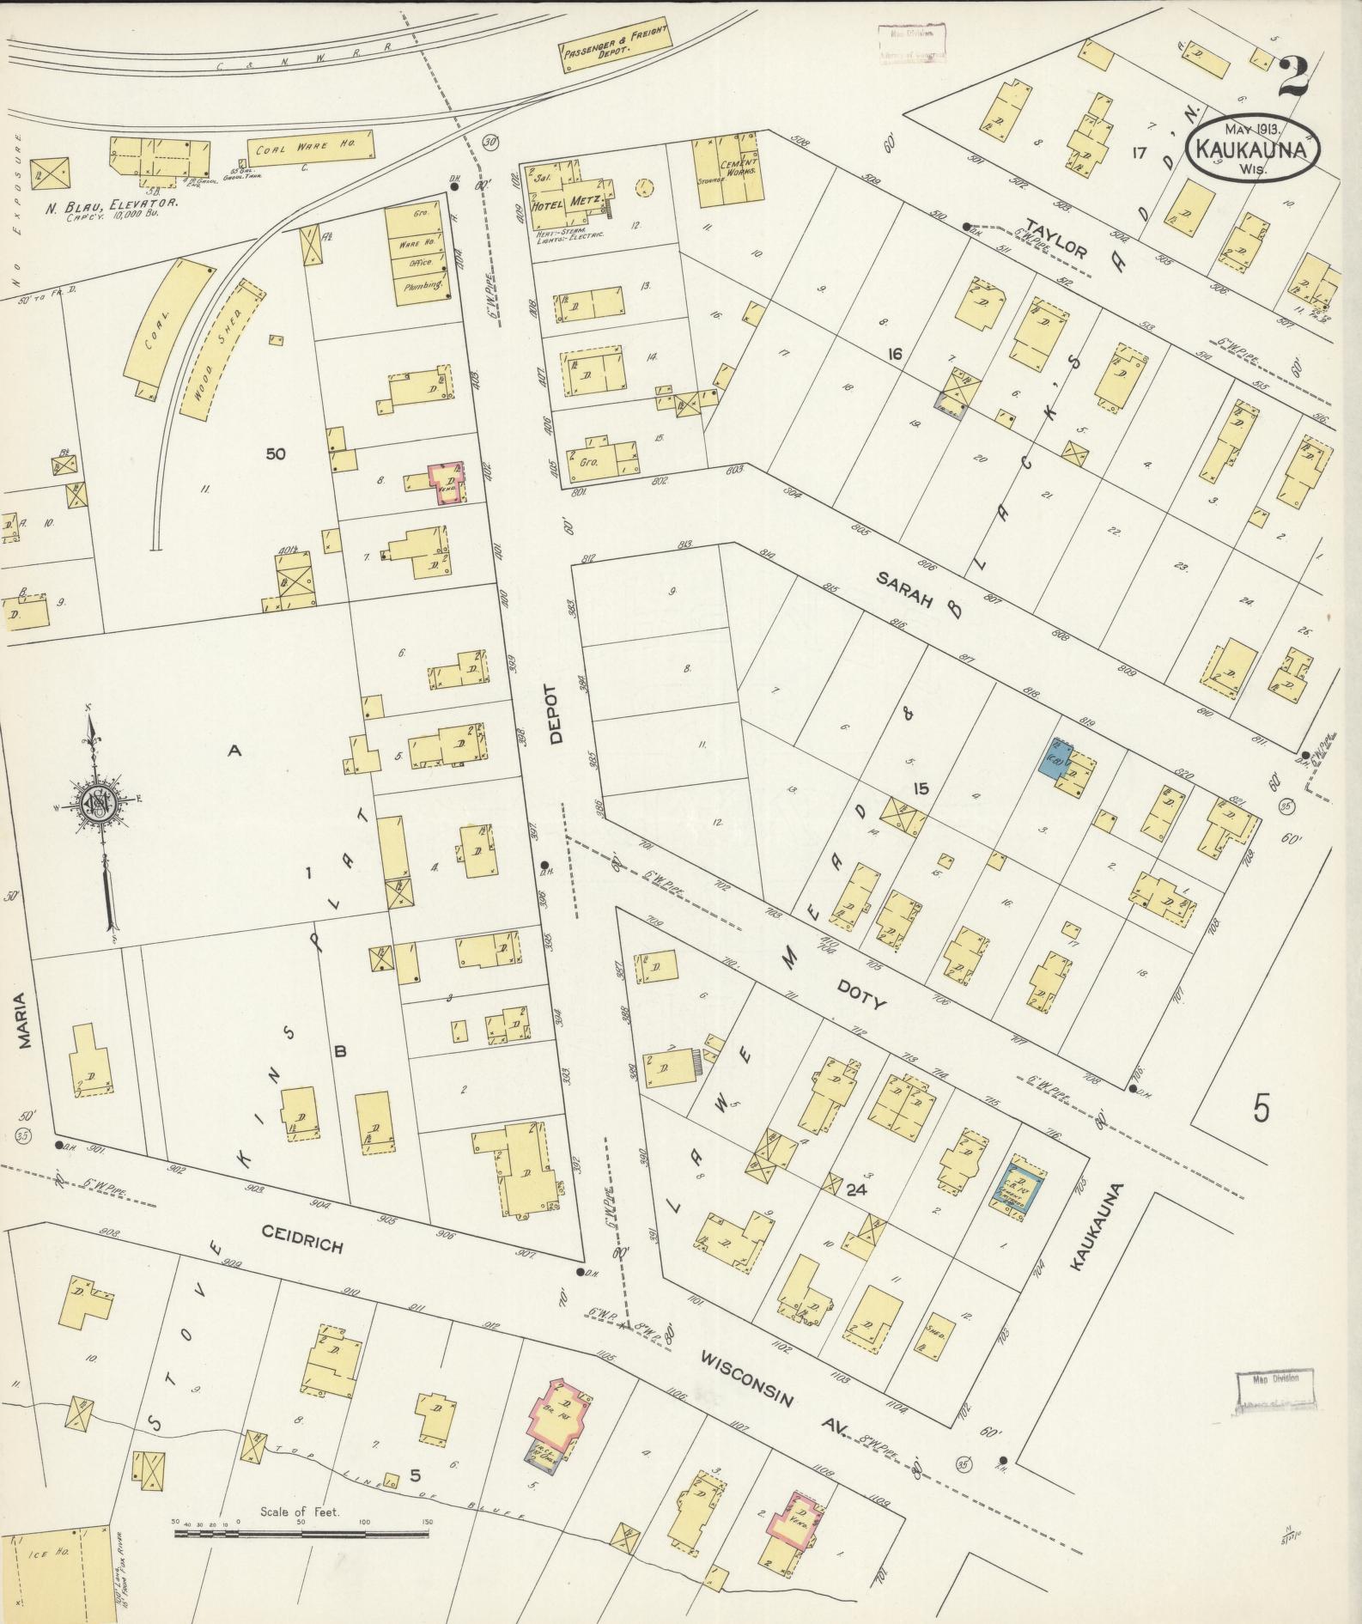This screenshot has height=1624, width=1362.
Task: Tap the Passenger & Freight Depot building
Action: click(x=614, y=44)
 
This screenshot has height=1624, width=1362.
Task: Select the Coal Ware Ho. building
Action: click(x=310, y=148)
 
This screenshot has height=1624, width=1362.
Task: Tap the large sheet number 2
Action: click(x=1293, y=78)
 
